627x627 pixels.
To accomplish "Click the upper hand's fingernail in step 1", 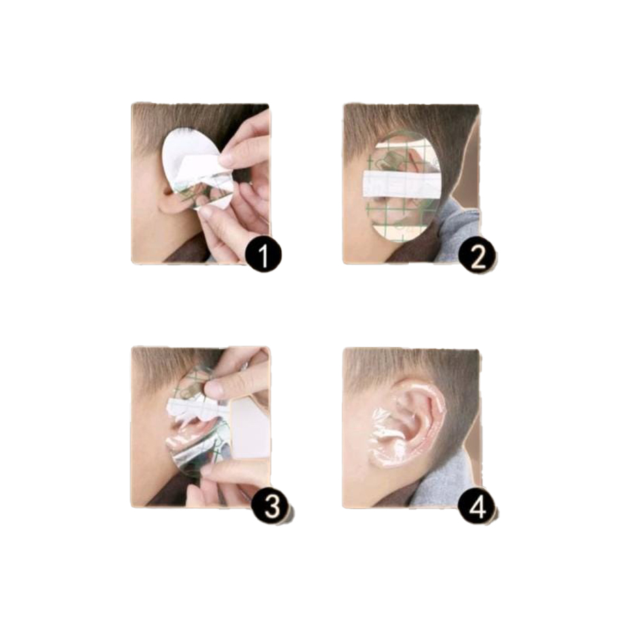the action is [x=227, y=159].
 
